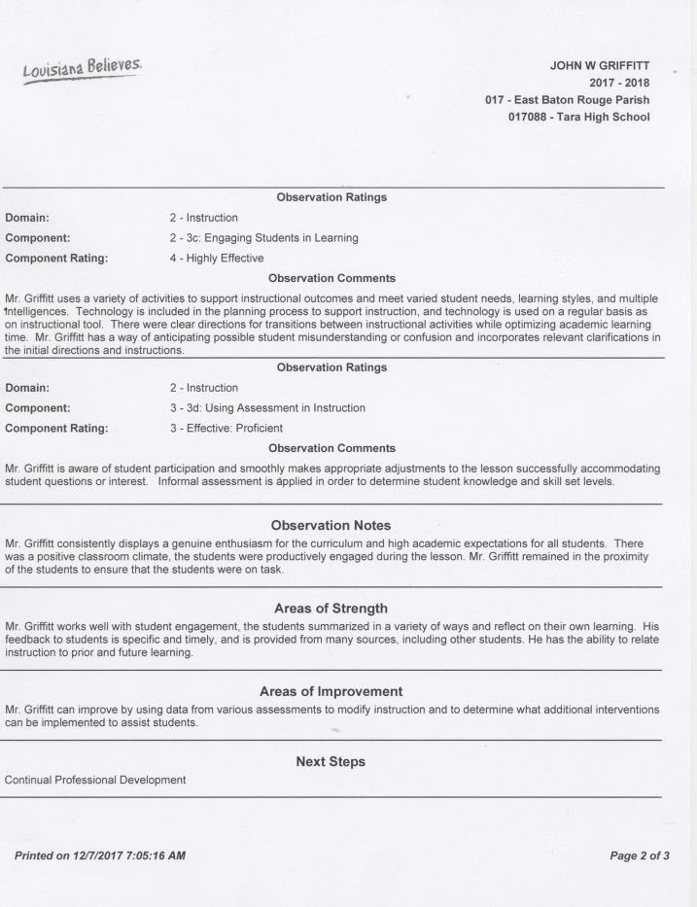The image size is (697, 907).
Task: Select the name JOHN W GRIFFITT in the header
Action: [600, 66]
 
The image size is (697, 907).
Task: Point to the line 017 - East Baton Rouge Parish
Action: [567, 100]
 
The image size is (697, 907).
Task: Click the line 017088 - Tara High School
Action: [575, 118]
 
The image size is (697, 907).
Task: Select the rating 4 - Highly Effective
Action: [217, 259]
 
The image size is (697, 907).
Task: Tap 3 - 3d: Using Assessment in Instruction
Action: [267, 408]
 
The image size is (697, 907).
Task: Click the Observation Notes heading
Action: [331, 524]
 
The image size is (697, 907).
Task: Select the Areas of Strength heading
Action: [331, 609]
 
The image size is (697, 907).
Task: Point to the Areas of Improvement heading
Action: [331, 691]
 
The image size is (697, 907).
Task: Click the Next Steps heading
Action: [331, 762]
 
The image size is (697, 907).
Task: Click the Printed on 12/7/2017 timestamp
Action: [99, 855]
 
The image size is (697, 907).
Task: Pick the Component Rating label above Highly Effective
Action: [56, 259]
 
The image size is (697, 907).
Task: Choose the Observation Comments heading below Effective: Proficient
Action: [331, 448]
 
